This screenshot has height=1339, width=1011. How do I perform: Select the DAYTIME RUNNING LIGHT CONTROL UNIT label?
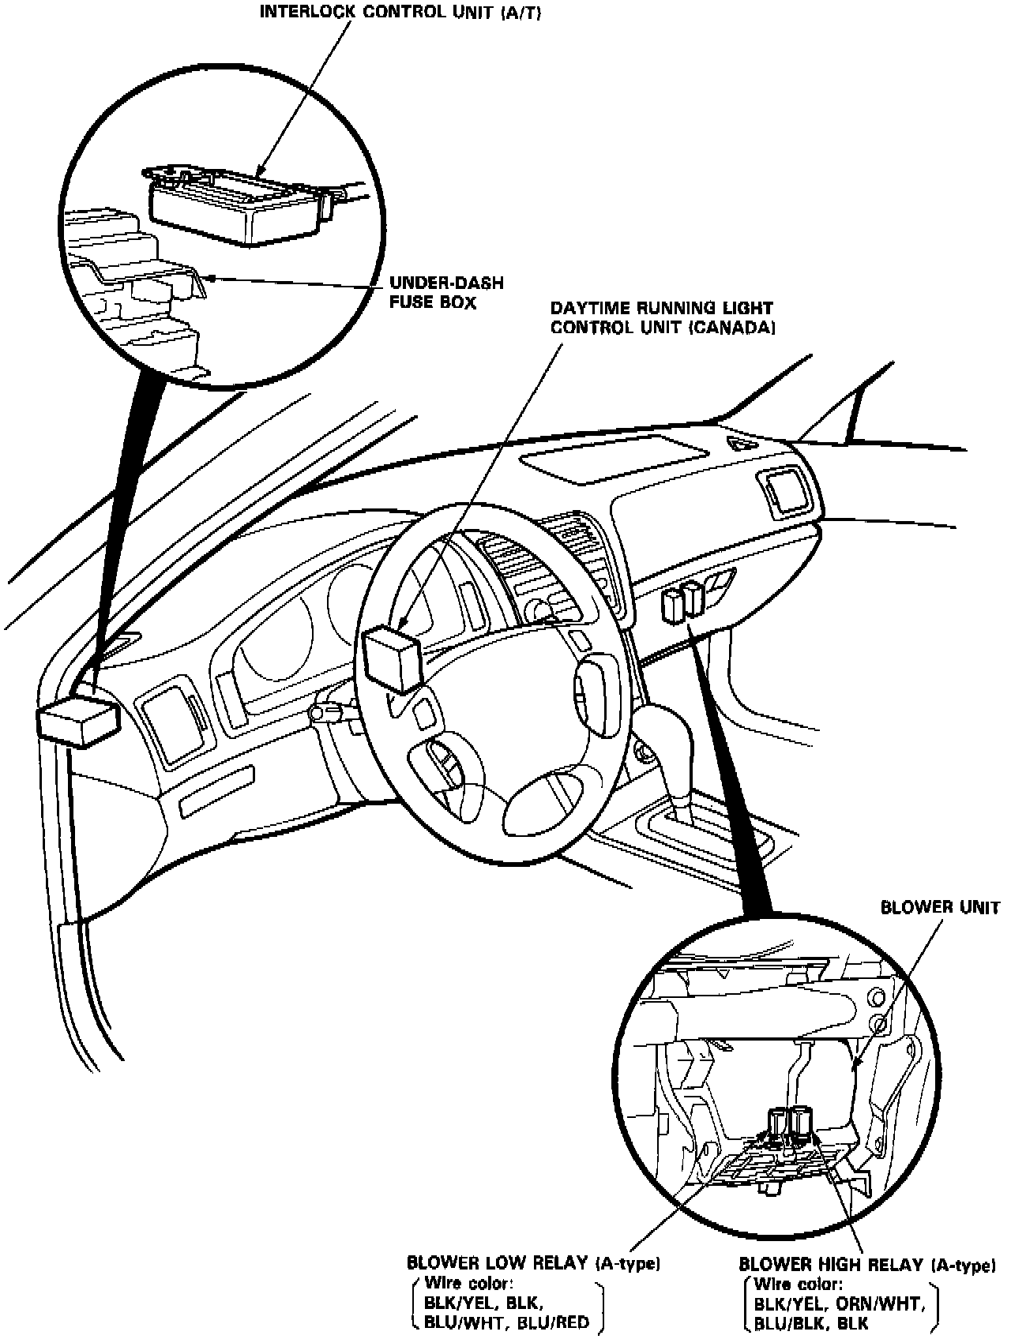click(662, 317)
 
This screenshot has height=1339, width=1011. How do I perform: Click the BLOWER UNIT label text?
click(940, 907)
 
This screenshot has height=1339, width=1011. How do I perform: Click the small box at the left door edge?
click(77, 719)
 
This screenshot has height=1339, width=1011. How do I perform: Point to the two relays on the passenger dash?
click(683, 600)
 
